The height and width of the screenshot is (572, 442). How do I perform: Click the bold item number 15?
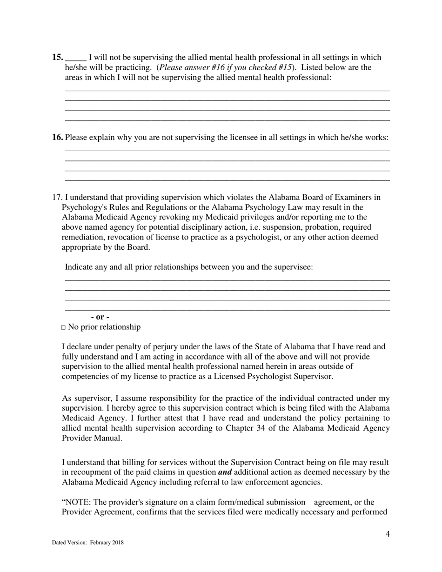pos(58,58)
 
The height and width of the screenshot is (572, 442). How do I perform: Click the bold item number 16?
pos(58,138)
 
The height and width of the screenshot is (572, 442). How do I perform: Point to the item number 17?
pos(57,198)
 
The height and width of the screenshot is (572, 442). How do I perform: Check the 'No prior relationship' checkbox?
pos(63,328)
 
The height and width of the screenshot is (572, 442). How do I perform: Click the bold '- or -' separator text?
pos(100,317)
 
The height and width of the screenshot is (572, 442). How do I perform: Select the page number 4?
pos(388,534)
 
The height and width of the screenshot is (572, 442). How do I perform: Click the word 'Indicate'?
pos(80,267)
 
